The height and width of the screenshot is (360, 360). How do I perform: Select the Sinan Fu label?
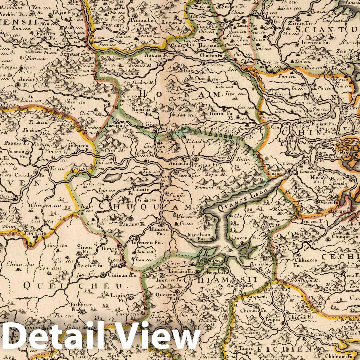tap(84, 249)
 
